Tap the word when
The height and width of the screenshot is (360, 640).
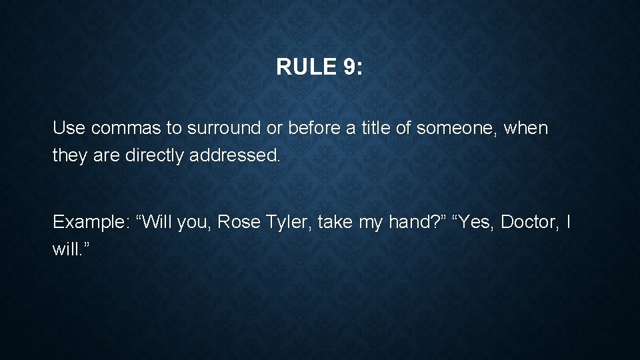526,128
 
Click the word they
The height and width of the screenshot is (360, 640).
70,155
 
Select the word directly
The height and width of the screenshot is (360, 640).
156,155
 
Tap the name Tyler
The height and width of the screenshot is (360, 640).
289,222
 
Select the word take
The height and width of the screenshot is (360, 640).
335,222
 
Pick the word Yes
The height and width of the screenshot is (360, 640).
475,222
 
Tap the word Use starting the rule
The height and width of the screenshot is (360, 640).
69,128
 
